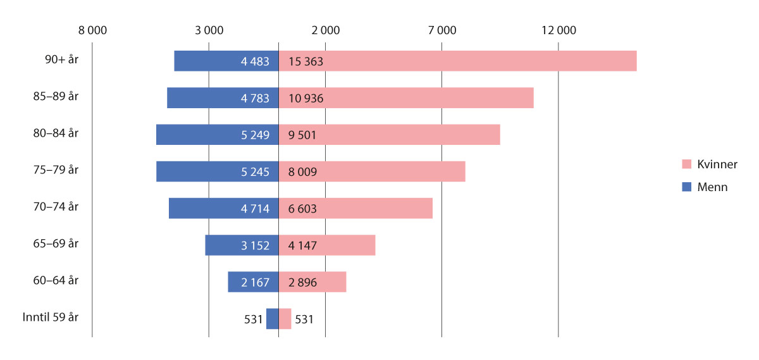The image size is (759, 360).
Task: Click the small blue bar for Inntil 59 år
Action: (x=272, y=318)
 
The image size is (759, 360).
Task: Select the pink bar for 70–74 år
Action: (x=379, y=208)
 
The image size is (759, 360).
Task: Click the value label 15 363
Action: (x=306, y=61)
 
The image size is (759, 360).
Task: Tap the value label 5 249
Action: (x=255, y=135)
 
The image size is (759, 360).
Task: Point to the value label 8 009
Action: (x=303, y=171)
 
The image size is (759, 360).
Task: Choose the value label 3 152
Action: (x=255, y=245)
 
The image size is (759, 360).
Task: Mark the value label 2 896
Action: (x=303, y=282)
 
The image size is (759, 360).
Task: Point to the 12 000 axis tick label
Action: (x=558, y=30)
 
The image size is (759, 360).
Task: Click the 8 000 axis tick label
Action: (x=92, y=30)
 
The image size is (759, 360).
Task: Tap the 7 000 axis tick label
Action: (x=441, y=30)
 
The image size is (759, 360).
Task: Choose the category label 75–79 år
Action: (x=61, y=170)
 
